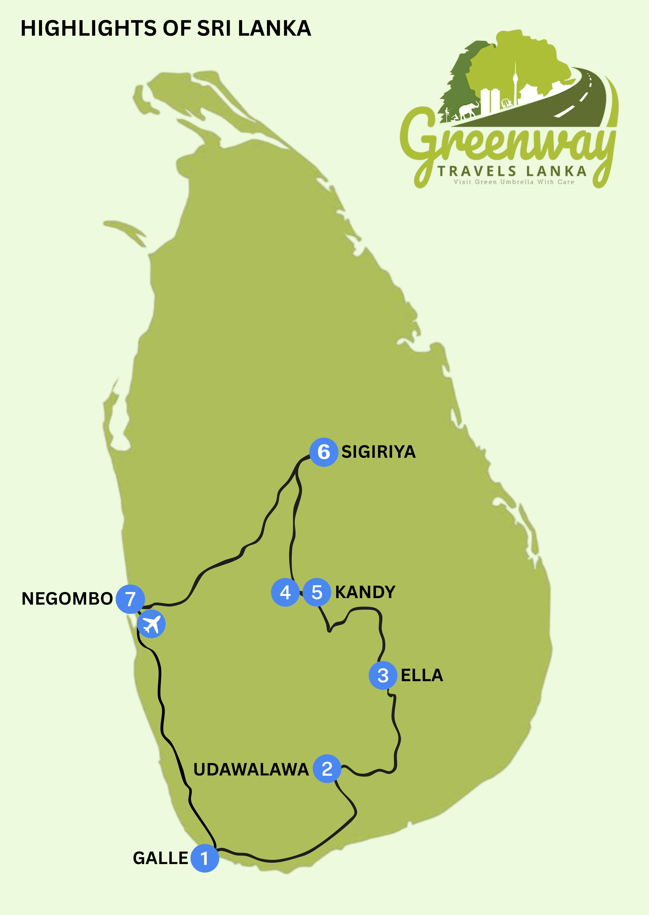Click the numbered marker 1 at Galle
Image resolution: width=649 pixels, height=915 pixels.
[x=205, y=858]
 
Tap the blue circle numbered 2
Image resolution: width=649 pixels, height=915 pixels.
[x=327, y=768]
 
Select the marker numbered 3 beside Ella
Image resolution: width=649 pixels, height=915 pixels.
[x=383, y=675]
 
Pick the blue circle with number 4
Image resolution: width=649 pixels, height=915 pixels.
[x=285, y=592]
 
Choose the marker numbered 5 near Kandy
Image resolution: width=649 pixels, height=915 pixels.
[x=317, y=592]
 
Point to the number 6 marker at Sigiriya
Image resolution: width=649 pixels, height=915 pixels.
[x=324, y=452]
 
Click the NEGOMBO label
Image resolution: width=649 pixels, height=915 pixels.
[x=67, y=599]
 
